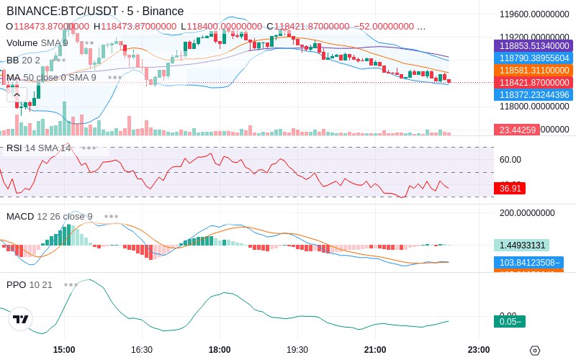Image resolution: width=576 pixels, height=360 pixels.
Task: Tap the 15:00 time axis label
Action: tap(64, 350)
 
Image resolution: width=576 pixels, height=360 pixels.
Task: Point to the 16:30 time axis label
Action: tap(142, 350)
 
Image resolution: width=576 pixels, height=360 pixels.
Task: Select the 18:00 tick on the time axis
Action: tap(220, 350)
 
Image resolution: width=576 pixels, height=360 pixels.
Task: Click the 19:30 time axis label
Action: tap(297, 350)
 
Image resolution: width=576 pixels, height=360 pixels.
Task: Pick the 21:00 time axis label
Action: tap(375, 350)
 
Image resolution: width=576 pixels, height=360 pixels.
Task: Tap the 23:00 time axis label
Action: tap(478, 350)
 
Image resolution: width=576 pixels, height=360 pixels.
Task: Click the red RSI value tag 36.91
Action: tap(510, 188)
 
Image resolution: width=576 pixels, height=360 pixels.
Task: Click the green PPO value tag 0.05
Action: tap(509, 322)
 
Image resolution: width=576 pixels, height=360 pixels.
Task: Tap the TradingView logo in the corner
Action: tap(21, 319)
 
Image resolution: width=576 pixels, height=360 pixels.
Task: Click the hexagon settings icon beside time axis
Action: tap(534, 351)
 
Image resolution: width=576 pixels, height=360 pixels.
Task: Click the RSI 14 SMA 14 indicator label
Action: tap(39, 148)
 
